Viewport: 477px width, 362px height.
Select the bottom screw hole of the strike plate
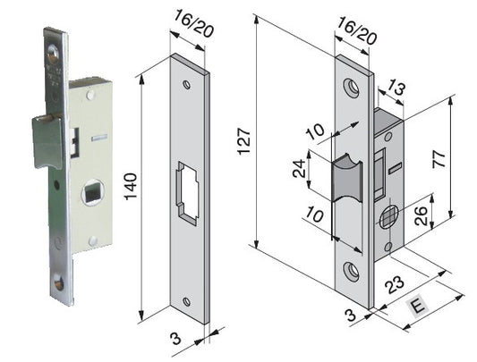(187, 301)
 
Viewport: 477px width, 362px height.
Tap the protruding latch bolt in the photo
(47, 140)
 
